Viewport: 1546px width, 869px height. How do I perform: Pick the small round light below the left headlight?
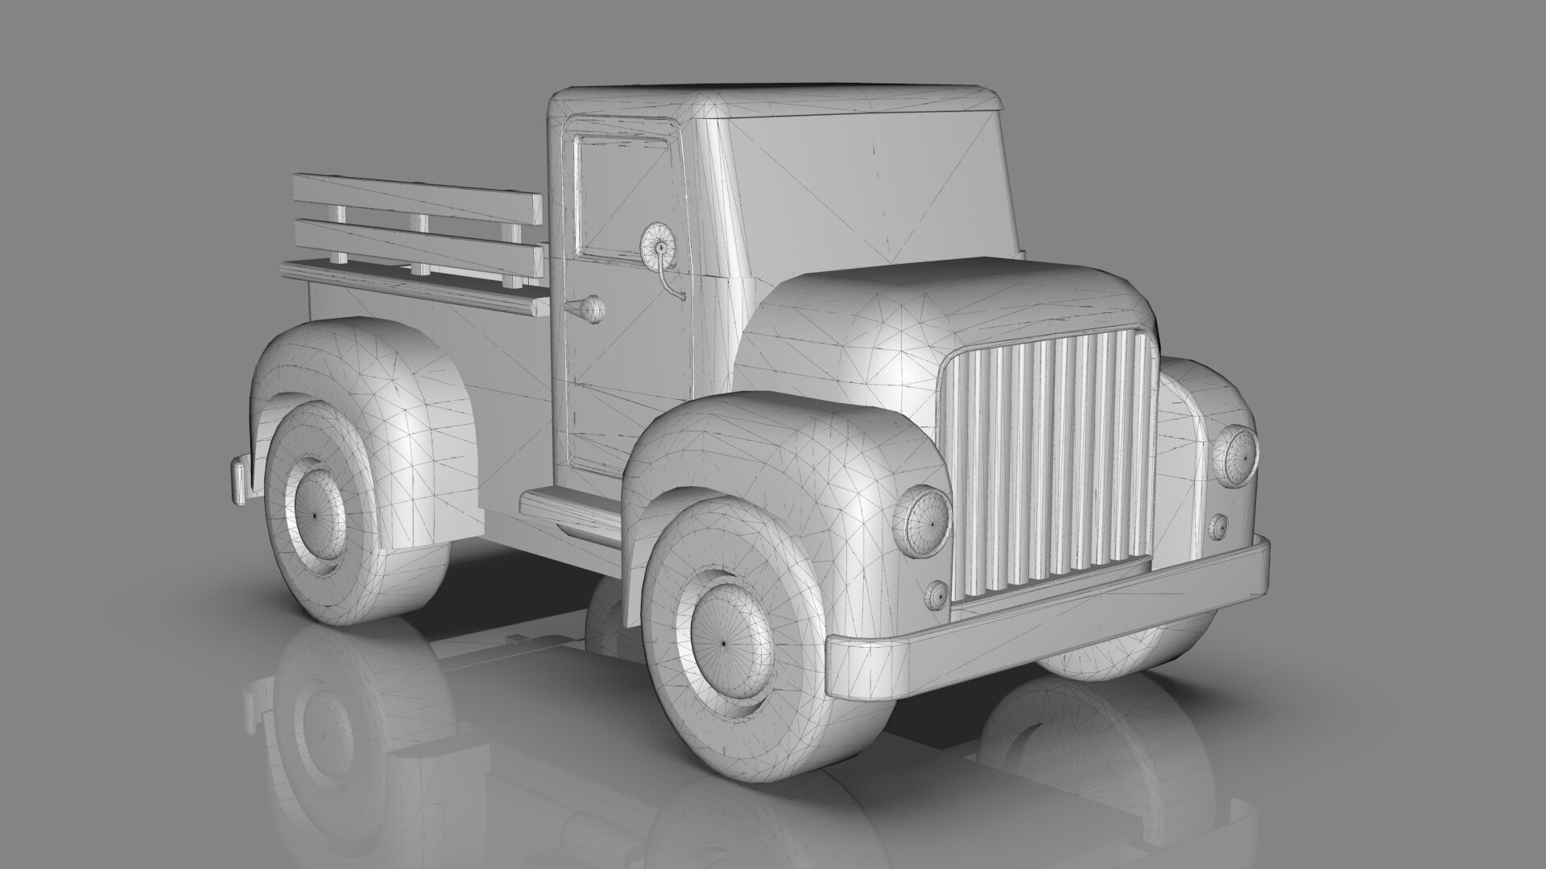[936, 595]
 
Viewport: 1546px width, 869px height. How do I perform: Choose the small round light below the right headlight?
[1218, 526]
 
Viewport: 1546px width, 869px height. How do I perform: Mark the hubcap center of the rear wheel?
[310, 513]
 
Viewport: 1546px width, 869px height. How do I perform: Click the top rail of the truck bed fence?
[415, 197]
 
